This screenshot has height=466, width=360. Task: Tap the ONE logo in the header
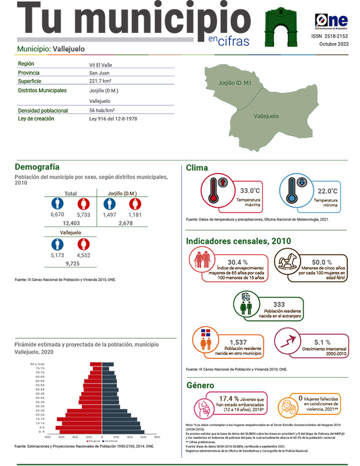tap(331, 21)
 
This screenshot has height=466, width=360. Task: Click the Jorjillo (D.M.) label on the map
tap(235, 83)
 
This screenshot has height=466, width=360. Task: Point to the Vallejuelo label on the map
tap(266, 116)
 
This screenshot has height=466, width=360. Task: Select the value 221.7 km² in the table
tap(101, 81)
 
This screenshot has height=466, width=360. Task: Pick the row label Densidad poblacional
tap(44, 110)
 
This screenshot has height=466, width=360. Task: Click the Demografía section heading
tap(37, 167)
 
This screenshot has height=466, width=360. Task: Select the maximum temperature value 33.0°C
tap(250, 191)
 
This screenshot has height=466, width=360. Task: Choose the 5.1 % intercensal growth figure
tap(322, 342)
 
